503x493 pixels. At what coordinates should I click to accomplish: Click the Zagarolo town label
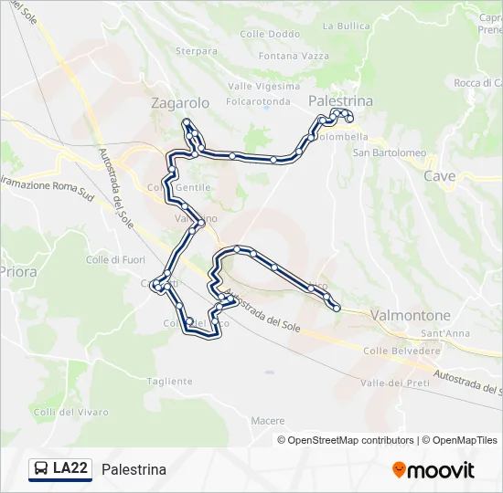(x=180, y=103)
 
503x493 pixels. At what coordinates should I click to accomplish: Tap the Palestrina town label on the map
(x=340, y=100)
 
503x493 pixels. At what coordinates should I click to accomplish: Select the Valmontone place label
(x=411, y=315)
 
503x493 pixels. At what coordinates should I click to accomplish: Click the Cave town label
(x=439, y=175)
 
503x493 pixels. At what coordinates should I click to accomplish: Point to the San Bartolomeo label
(x=390, y=152)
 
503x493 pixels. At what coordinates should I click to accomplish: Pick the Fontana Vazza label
(x=294, y=56)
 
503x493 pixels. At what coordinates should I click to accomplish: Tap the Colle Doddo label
(x=270, y=34)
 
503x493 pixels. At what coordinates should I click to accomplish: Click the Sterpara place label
(x=195, y=51)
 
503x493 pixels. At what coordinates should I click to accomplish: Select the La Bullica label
(x=346, y=26)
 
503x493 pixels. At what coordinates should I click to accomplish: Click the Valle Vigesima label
(x=264, y=86)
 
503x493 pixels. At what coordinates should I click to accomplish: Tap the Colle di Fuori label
(x=116, y=259)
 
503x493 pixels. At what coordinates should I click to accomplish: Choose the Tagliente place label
(x=169, y=381)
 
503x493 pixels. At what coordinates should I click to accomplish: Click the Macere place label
(x=267, y=421)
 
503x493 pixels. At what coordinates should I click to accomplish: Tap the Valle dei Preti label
(x=395, y=383)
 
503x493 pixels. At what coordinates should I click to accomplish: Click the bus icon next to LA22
(x=41, y=469)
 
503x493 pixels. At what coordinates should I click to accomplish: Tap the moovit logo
(x=433, y=470)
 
